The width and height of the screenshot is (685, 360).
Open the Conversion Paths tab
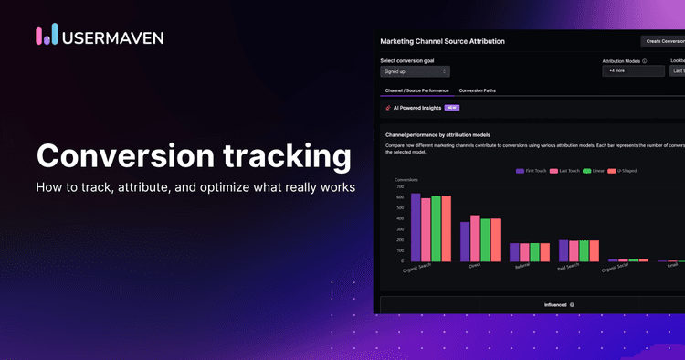click(478, 90)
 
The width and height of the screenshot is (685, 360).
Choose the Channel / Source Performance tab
click(416, 90)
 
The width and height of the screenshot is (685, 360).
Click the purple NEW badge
click(451, 107)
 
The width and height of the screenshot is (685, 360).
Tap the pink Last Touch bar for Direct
click(475, 238)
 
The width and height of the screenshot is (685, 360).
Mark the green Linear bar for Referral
click(534, 252)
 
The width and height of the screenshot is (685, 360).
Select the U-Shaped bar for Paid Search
click(595, 251)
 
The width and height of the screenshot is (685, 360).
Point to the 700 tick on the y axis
click(399, 186)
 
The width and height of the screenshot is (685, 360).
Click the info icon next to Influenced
click(572, 304)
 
